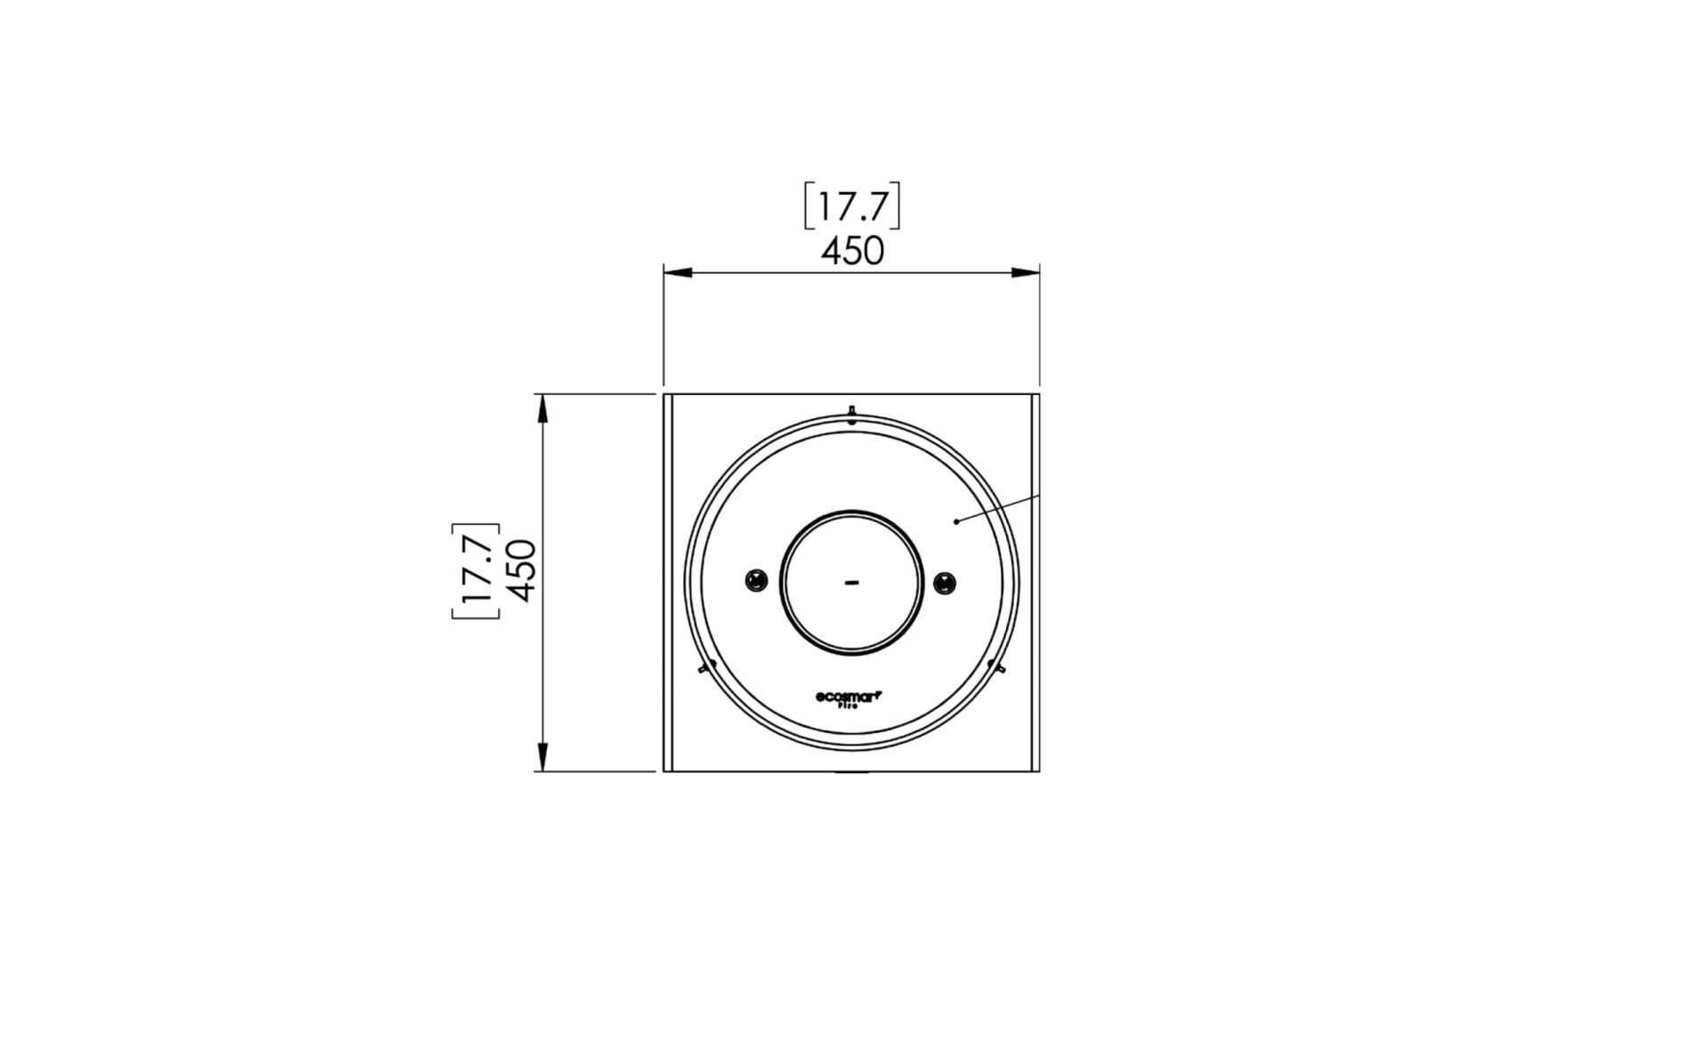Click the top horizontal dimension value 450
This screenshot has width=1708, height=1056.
pyautogui.click(x=852, y=252)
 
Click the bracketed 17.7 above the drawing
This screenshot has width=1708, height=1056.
pyautogui.click(x=852, y=207)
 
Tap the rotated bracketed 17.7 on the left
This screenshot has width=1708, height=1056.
pyautogui.click(x=476, y=570)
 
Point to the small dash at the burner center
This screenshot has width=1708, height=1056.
pyautogui.click(x=851, y=583)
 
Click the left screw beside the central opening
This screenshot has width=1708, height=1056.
pyautogui.click(x=756, y=582)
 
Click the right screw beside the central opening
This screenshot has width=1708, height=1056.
pyautogui.click(x=946, y=583)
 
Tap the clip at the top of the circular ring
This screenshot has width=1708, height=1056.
pyautogui.click(x=851, y=415)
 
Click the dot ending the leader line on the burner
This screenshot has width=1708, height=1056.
pyautogui.click(x=956, y=521)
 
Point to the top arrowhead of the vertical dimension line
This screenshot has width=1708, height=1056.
pyautogui.click(x=541, y=408)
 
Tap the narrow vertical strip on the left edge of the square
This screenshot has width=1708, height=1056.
pyautogui.click(x=667, y=583)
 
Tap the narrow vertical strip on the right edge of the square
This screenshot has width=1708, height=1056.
pyautogui.click(x=1035, y=583)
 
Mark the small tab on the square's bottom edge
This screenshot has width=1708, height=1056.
pyautogui.click(x=851, y=772)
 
